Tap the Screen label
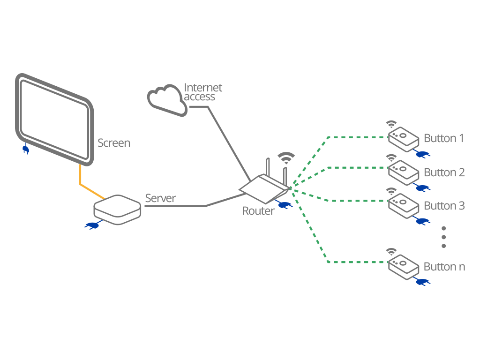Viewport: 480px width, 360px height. pyautogui.click(x=114, y=143)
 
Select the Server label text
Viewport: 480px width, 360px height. pyautogui.click(x=160, y=198)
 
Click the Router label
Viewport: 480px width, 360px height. pyautogui.click(x=258, y=211)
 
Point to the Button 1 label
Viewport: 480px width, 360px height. pyautogui.click(x=443, y=138)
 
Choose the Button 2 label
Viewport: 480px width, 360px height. pyautogui.click(x=444, y=172)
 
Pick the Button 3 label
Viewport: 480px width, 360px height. pyautogui.click(x=444, y=206)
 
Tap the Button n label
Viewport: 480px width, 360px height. pyautogui.click(x=444, y=267)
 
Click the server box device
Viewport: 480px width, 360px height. pyautogui.click(x=117, y=209)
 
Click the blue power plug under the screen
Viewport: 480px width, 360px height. pyautogui.click(x=25, y=149)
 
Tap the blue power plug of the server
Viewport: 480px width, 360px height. pyautogui.click(x=91, y=226)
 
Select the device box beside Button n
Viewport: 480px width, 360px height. pyautogui.click(x=403, y=266)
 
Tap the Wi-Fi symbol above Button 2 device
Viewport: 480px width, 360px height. pyautogui.click(x=390, y=158)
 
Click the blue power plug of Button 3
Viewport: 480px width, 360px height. pyautogui.click(x=422, y=220)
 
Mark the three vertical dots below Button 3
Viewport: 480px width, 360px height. pyautogui.click(x=443, y=237)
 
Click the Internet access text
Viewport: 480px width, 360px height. pyautogui.click(x=202, y=92)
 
